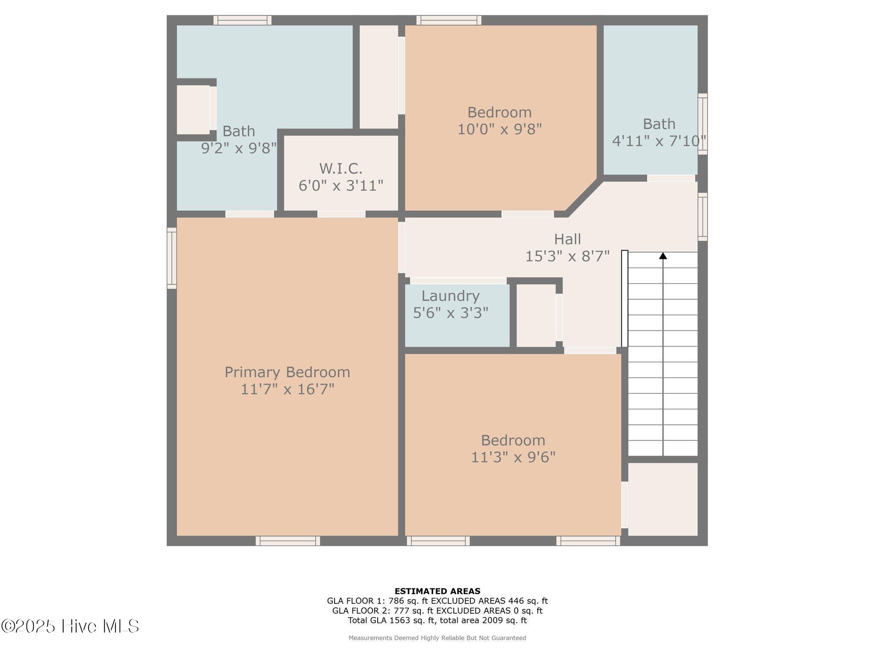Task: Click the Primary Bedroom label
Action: click(287, 372)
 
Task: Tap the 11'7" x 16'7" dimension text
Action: click(287, 389)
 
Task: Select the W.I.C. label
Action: click(341, 169)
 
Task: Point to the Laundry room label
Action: click(450, 296)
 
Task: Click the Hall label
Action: click(567, 239)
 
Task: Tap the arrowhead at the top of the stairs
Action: click(663, 255)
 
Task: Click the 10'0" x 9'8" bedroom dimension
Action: click(499, 129)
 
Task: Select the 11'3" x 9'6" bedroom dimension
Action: click(513, 457)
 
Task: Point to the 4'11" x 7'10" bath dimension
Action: click(659, 141)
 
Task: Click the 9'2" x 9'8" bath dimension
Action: click(239, 148)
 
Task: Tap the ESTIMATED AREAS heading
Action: click(437, 591)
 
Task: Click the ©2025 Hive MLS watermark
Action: click(70, 626)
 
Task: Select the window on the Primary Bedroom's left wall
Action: click(172, 258)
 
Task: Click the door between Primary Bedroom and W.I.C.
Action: click(341, 214)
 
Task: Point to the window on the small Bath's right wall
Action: click(702, 124)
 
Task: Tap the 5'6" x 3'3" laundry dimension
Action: click(450, 313)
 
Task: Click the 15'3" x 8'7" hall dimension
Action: click(567, 256)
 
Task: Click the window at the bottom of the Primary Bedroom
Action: click(288, 541)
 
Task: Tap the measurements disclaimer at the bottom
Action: click(437, 638)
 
